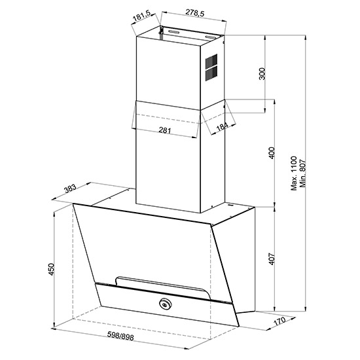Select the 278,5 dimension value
(194, 13)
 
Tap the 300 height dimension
(262, 74)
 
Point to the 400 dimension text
(272, 153)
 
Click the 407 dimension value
(272, 259)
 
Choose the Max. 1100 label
(294, 173)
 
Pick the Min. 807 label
(303, 173)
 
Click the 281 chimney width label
(165, 130)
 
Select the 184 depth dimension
(222, 127)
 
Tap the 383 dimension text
(70, 189)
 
